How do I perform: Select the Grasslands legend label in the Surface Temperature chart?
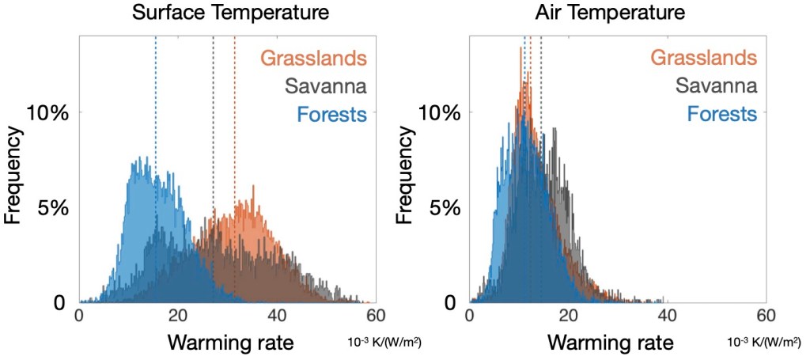[x=313, y=58]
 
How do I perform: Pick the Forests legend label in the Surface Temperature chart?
[x=331, y=114]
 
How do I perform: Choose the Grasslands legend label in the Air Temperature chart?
[x=704, y=58]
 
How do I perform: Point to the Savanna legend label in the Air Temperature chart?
[x=717, y=85]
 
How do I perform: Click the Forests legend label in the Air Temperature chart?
[x=722, y=114]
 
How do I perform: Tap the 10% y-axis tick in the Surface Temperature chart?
[x=49, y=112]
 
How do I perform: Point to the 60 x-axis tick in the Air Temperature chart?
[x=765, y=315]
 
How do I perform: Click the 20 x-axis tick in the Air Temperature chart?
[x=568, y=315]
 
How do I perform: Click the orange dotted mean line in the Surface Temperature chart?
[x=235, y=119]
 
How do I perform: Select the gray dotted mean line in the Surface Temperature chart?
[x=214, y=119]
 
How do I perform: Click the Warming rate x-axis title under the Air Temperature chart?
[x=611, y=343]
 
